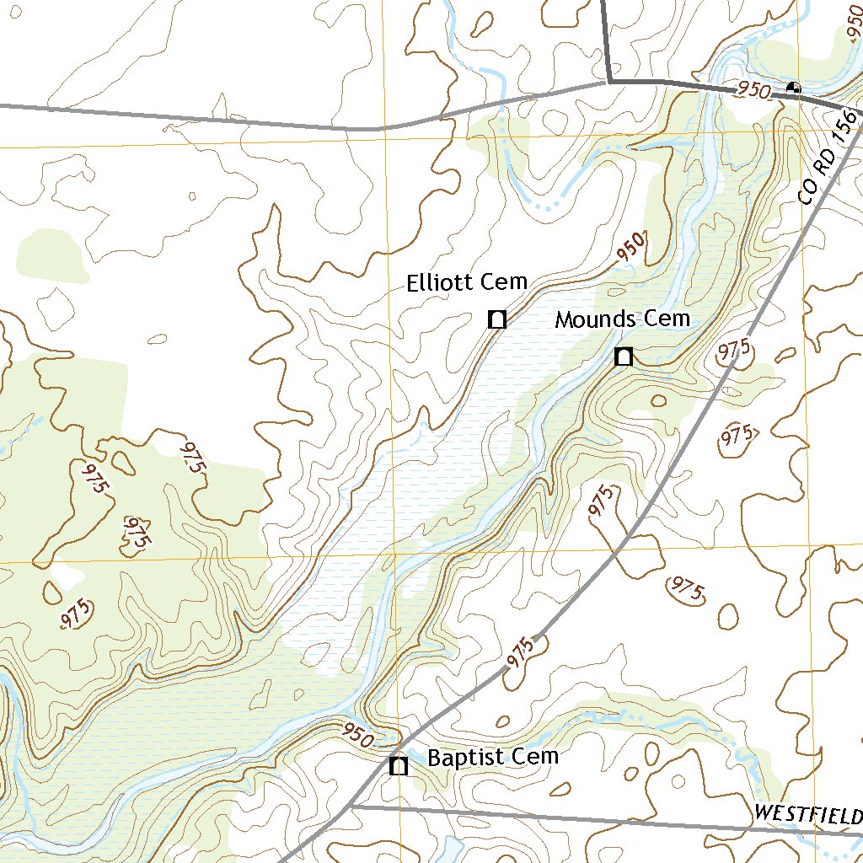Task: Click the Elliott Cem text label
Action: (466, 282)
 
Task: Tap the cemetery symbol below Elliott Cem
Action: (497, 319)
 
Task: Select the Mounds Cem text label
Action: (622, 319)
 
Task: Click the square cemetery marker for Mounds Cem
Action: (623, 356)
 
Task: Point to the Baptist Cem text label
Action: (493, 757)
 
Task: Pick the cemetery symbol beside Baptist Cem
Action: (399, 766)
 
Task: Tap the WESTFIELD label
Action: (807, 814)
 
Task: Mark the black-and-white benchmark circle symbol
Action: (792, 87)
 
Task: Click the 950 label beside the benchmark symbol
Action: (753, 89)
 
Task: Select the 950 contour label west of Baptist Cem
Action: (357, 735)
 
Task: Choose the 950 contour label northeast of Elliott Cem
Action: (632, 247)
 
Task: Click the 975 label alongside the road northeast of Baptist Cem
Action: (522, 654)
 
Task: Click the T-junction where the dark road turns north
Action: (609, 82)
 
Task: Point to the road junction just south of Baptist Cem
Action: (351, 807)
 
